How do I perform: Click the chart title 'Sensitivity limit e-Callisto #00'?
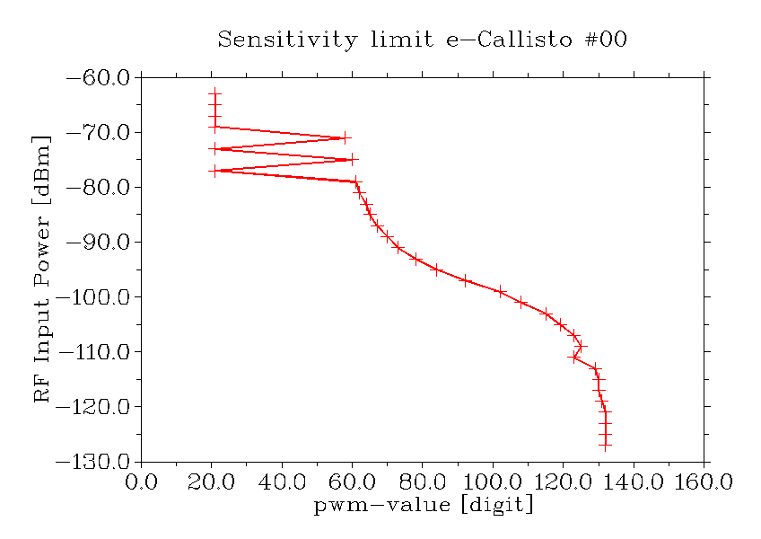(422, 40)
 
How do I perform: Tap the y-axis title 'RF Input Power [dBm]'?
(42, 269)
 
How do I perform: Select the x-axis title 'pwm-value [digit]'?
(424, 506)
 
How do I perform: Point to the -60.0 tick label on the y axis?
(98, 78)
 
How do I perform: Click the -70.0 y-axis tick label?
(98, 133)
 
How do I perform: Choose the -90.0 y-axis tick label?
(98, 243)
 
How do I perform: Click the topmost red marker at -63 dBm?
(214, 94)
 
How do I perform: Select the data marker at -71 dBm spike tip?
(345, 137)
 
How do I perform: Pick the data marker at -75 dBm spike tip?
(352, 159)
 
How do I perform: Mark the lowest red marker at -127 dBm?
(606, 445)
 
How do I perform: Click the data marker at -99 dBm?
(501, 291)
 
